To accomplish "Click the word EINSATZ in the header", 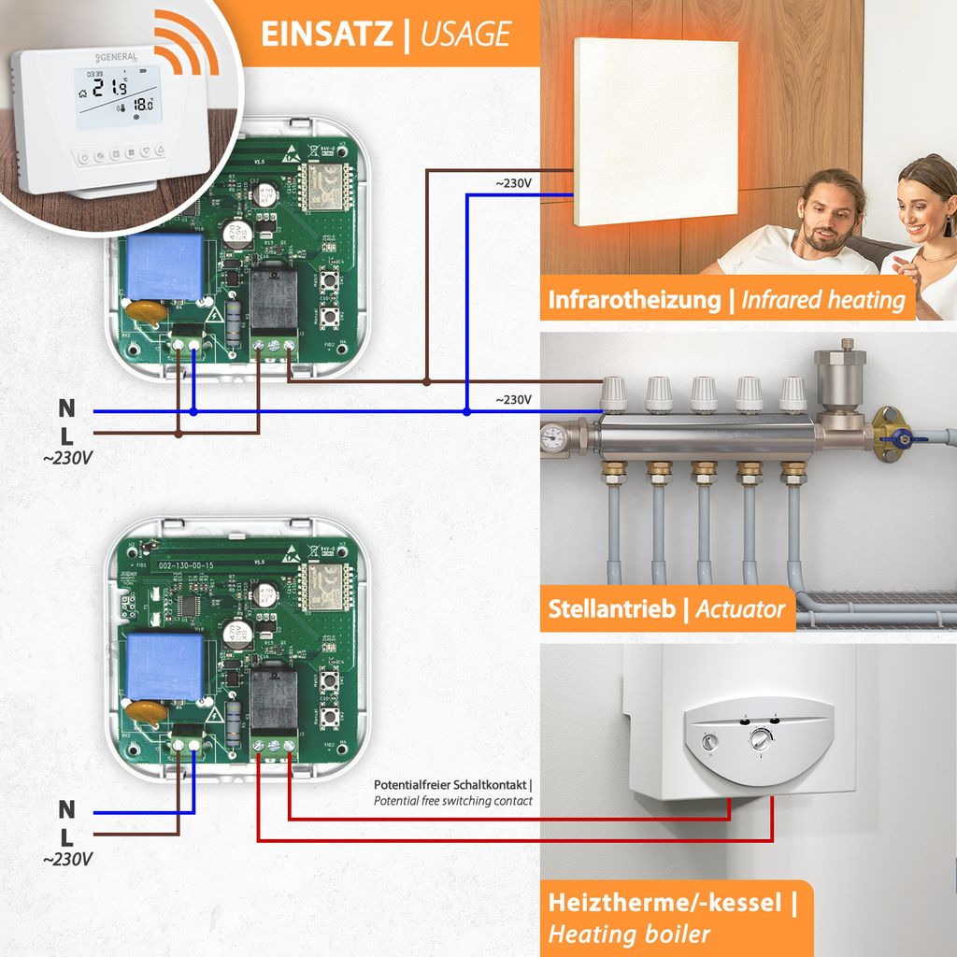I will tap(326, 34).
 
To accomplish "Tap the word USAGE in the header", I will tap(464, 34).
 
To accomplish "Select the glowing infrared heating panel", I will tap(655, 131).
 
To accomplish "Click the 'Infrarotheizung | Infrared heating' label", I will tap(726, 300).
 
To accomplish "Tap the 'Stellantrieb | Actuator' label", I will tap(666, 610).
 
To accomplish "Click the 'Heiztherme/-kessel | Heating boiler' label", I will tap(672, 918).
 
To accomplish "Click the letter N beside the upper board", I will tap(66, 408).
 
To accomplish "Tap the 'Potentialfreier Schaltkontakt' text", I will tap(452, 785).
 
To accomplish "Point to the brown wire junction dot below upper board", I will tap(179, 433).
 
